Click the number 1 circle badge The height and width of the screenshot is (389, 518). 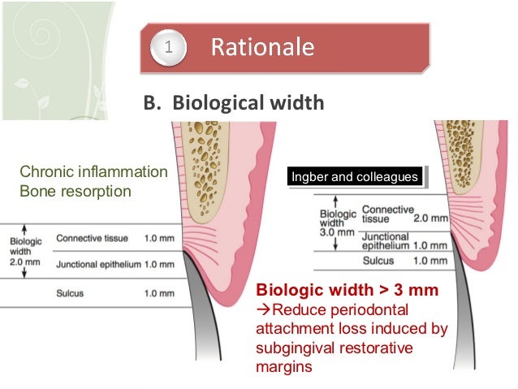pyautogui.click(x=168, y=48)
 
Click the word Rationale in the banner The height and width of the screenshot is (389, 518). pyautogui.click(x=261, y=48)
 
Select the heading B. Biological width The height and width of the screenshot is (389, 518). pyautogui.click(x=234, y=103)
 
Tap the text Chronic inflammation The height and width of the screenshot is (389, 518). pyautogui.click(x=93, y=172)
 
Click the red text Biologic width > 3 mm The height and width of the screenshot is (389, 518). pyautogui.click(x=347, y=290)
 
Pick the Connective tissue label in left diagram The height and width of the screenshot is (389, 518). pyautogui.click(x=92, y=239)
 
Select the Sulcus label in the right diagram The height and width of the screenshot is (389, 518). pyautogui.click(x=378, y=261)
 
